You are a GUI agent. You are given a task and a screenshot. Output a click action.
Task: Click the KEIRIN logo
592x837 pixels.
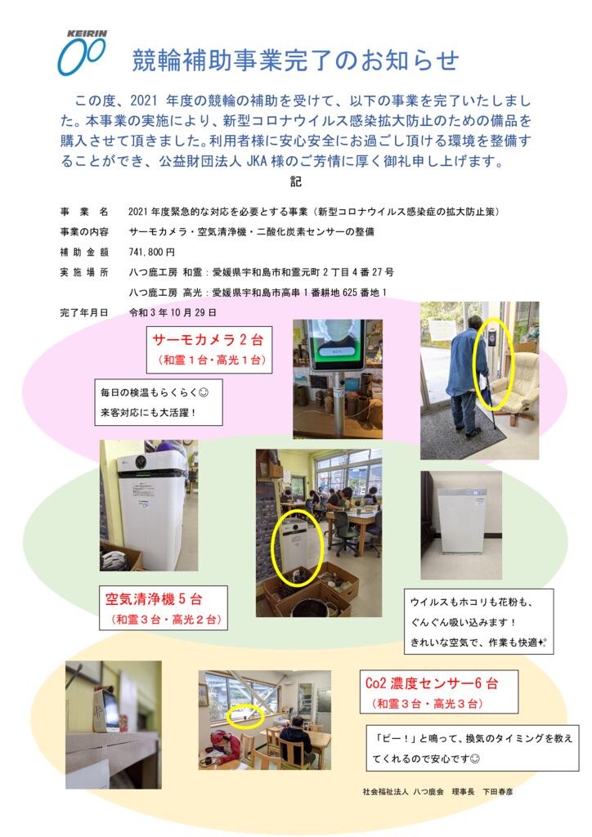[x=83, y=52]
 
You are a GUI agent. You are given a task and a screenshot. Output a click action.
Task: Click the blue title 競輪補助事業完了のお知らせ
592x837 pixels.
[x=295, y=60]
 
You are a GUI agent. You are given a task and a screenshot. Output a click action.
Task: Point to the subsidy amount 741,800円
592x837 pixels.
[x=151, y=252]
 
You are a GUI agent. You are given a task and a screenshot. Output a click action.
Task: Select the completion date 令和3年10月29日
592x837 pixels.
[x=173, y=312]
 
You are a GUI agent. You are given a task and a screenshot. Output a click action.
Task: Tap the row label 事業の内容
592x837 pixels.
[x=83, y=231]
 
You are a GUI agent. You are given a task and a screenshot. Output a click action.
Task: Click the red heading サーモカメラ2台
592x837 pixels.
[x=208, y=339]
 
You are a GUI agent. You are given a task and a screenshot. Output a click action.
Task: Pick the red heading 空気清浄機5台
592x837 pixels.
[x=154, y=599]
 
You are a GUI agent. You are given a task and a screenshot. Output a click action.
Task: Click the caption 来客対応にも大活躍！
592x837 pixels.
[x=149, y=412]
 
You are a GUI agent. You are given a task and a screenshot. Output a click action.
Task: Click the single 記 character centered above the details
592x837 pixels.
[x=296, y=181]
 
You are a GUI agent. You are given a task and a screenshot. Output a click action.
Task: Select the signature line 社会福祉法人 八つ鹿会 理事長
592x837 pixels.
[x=418, y=791]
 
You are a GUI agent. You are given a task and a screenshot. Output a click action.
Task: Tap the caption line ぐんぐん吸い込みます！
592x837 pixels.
[x=464, y=622]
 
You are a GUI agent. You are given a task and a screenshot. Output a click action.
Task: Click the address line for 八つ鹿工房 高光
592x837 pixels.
[x=258, y=293]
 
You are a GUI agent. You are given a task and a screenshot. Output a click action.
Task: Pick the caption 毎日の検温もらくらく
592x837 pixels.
[x=155, y=392]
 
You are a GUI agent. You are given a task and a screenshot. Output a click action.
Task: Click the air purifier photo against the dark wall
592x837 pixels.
[x=461, y=526]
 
